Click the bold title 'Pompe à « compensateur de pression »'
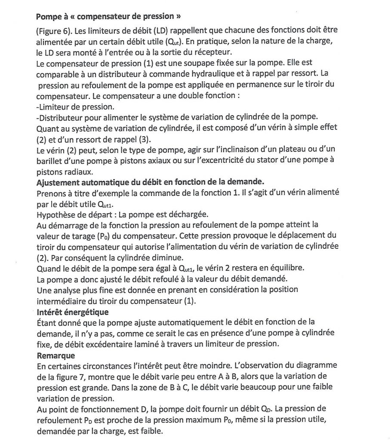coord(108,18)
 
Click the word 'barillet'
coord(51,161)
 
